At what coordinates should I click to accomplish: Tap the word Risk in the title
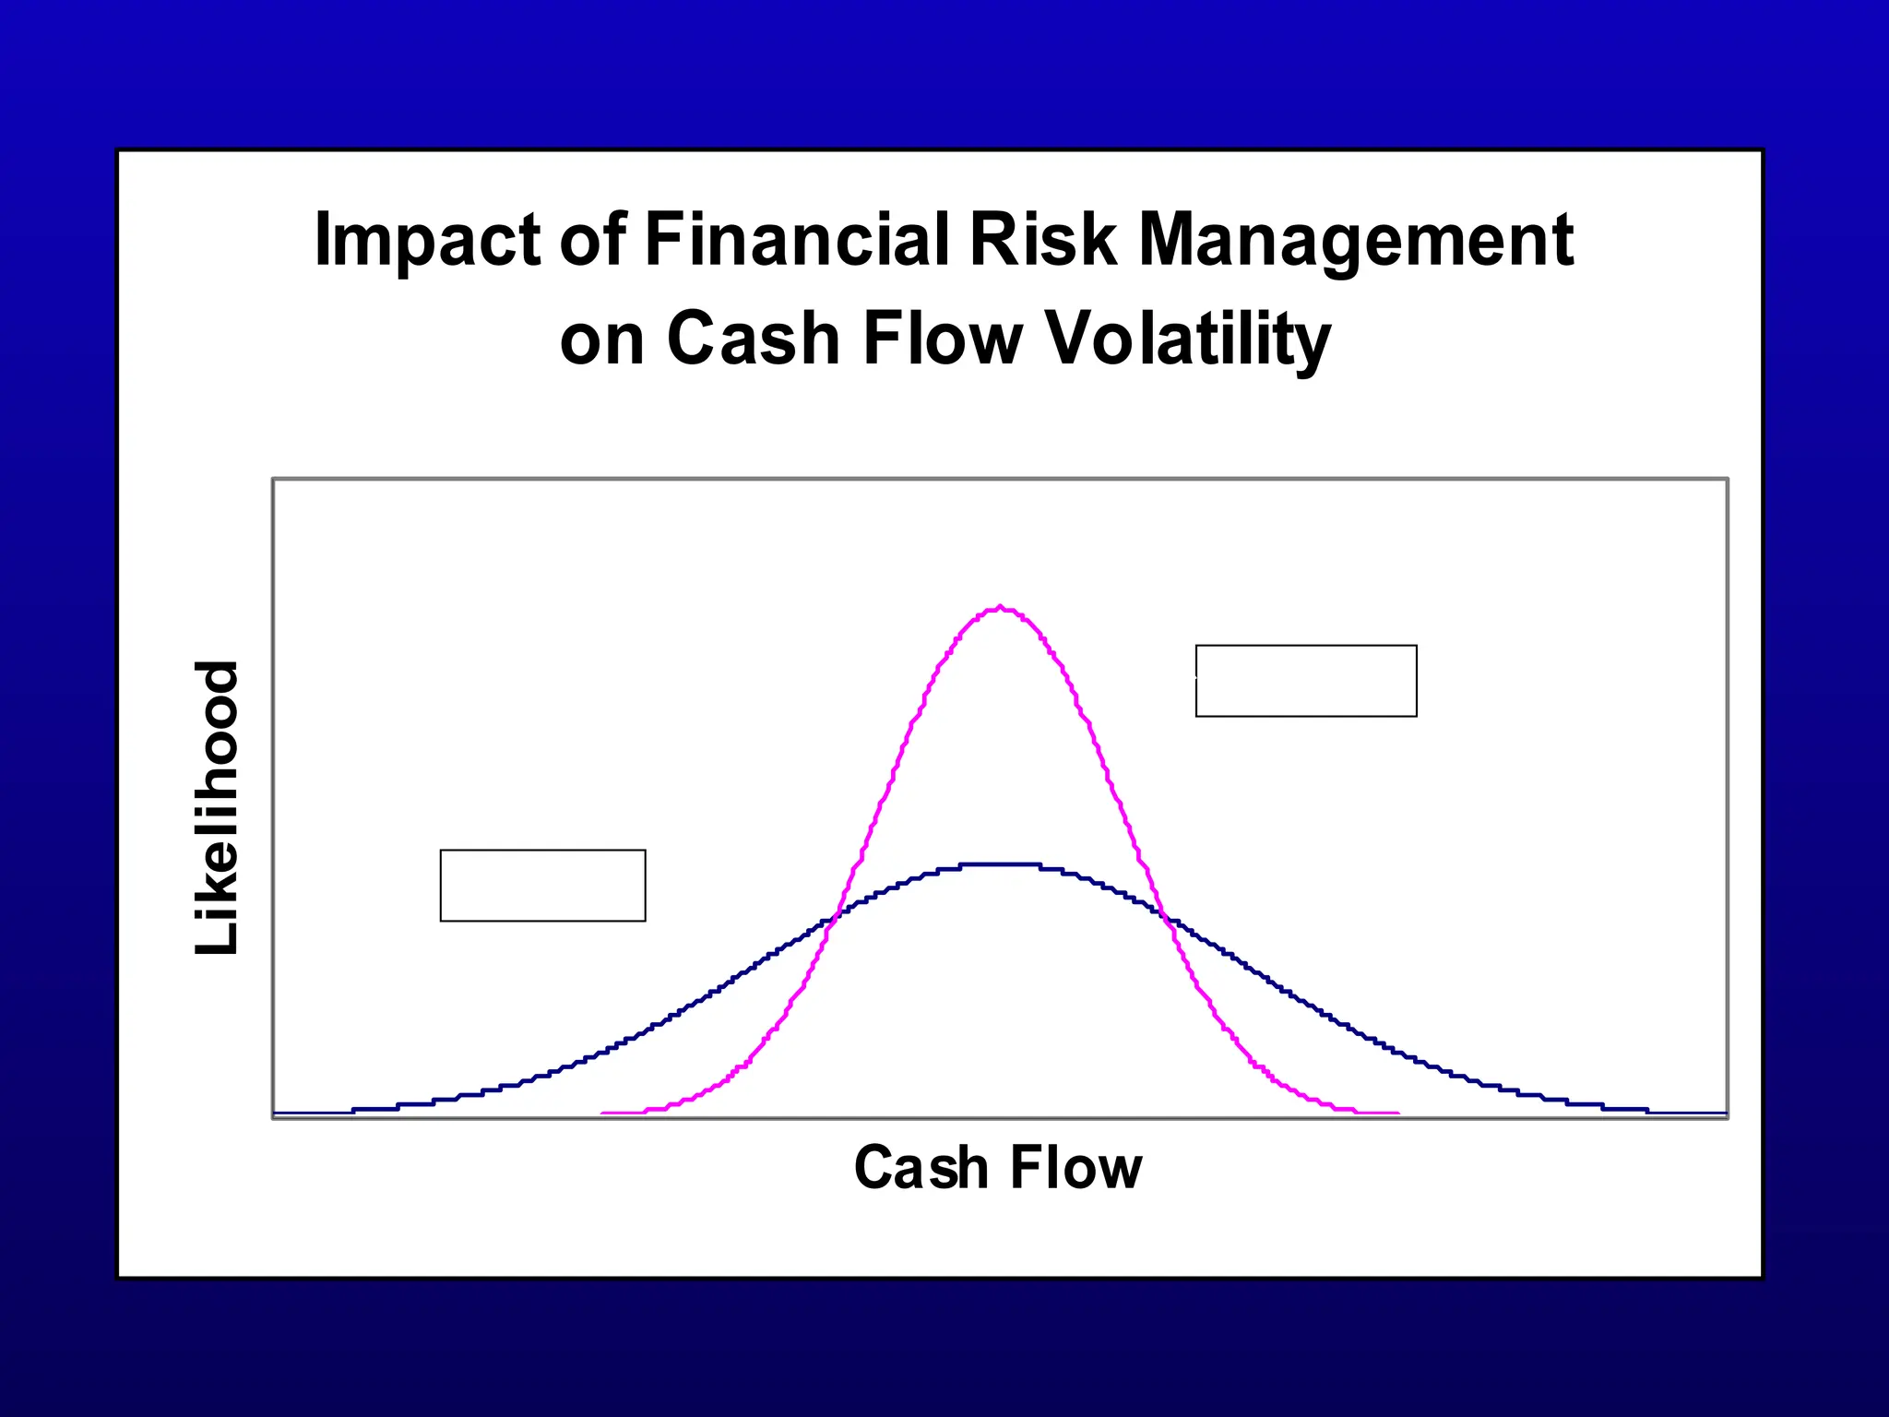tap(1043, 240)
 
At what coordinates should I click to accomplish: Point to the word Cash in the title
tap(753, 339)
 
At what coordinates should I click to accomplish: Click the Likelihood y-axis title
tap(218, 808)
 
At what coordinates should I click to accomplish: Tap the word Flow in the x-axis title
tap(1075, 1168)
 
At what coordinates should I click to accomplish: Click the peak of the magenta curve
tap(1001, 607)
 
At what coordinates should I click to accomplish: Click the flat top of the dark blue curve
tap(1001, 864)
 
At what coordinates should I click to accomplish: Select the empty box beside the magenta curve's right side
tap(1306, 681)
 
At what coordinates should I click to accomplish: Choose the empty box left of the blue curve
tap(542, 886)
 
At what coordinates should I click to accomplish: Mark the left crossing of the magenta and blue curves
tap(837, 915)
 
